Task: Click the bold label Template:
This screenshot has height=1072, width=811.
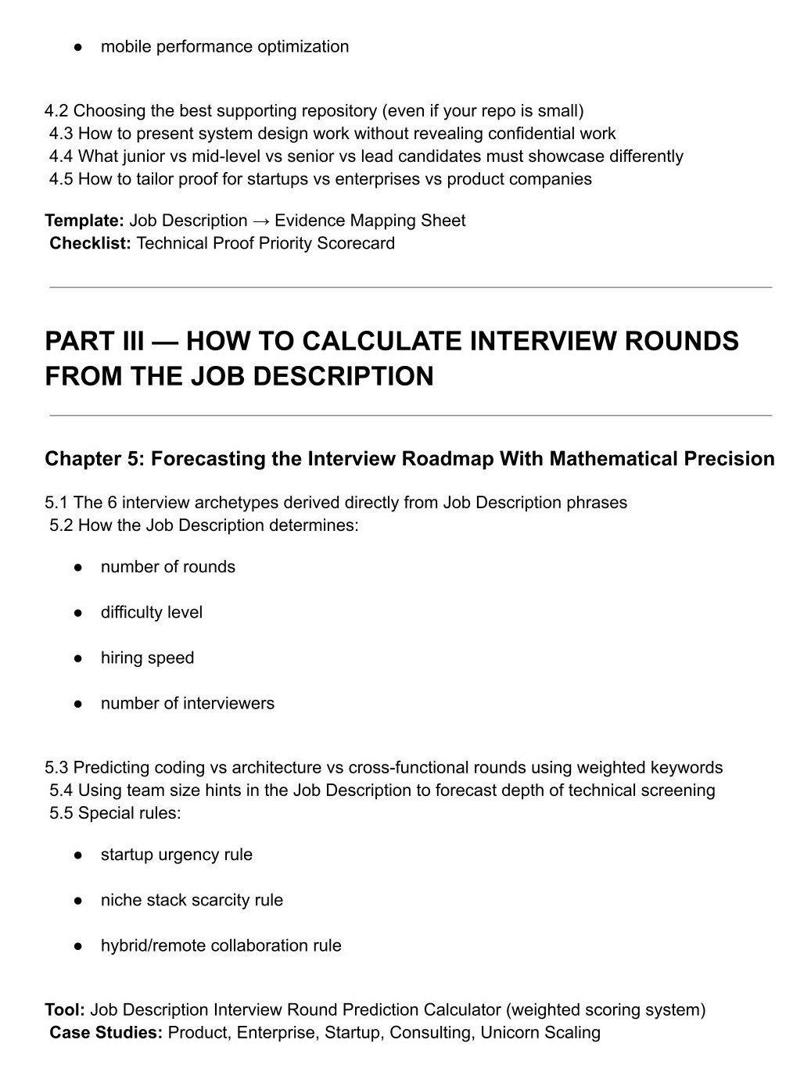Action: (x=84, y=220)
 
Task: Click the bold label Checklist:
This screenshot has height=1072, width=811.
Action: (x=90, y=243)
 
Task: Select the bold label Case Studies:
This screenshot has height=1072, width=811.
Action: (x=106, y=1032)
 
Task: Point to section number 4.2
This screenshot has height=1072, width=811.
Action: (x=57, y=110)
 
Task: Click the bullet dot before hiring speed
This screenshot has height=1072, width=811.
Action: (x=78, y=658)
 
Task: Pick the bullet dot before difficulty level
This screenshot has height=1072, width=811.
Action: (x=78, y=613)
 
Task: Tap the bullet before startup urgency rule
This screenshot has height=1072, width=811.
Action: (x=78, y=855)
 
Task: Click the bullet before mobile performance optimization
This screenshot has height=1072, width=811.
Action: (x=78, y=48)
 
